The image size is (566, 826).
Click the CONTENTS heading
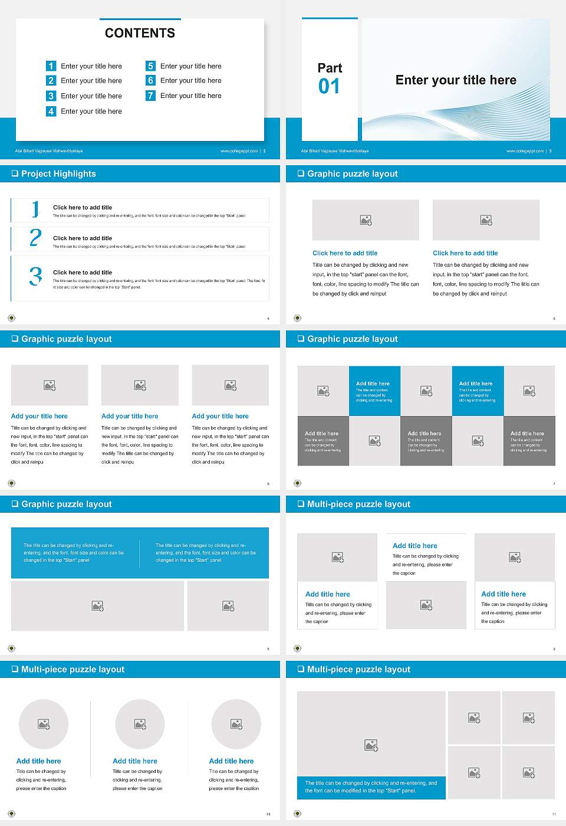click(x=140, y=33)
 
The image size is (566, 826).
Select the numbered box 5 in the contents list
click(x=150, y=66)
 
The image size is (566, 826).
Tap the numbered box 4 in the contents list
click(x=51, y=111)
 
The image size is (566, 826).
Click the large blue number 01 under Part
click(x=329, y=87)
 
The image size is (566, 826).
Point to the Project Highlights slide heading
click(x=58, y=173)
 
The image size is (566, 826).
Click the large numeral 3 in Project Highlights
click(x=35, y=276)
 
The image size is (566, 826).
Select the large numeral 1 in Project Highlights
click(x=35, y=209)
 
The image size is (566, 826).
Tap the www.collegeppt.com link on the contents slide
click(x=239, y=151)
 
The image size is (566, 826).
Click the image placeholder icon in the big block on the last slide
click(x=371, y=746)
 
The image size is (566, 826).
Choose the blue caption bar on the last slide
click(x=371, y=787)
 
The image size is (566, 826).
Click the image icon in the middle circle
click(x=140, y=724)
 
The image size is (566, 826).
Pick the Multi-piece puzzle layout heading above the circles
click(x=73, y=669)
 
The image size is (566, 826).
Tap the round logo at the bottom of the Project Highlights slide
click(x=11, y=318)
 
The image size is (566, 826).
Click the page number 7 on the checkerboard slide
click(x=554, y=484)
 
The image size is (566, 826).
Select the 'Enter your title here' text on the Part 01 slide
click(x=456, y=80)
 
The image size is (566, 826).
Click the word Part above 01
click(x=330, y=68)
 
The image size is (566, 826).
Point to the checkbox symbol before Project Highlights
click(x=15, y=173)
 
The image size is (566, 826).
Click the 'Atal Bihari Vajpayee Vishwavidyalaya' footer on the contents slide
click(x=49, y=151)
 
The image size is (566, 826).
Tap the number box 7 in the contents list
click(x=150, y=96)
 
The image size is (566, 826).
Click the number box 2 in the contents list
click(x=51, y=81)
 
